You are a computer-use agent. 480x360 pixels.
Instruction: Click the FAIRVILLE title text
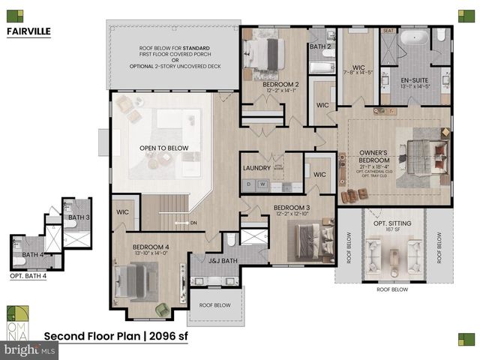click(28, 32)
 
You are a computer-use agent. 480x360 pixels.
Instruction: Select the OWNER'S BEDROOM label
click(374, 160)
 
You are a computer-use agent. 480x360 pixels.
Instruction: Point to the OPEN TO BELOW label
click(163, 148)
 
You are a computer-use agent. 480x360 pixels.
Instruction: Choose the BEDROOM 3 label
click(292, 208)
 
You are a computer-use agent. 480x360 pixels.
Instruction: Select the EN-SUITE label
click(415, 79)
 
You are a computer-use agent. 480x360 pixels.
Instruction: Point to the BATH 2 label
click(320, 46)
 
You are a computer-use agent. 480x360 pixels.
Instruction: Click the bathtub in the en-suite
click(414, 37)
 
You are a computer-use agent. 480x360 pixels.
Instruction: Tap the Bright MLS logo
click(29, 350)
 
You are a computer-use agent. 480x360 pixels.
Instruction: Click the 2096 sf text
click(165, 336)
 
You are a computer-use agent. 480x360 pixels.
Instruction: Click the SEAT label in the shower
click(388, 31)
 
